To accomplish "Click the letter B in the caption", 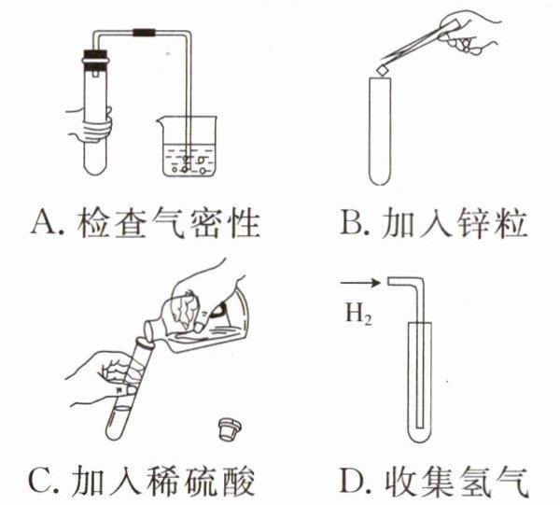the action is pyautogui.click(x=352, y=223).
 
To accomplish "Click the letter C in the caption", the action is pyautogui.click(x=41, y=481).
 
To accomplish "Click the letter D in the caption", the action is pyautogui.click(x=352, y=481).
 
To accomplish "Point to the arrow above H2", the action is pyautogui.click(x=358, y=280).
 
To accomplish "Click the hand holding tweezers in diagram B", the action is pyautogui.click(x=471, y=33).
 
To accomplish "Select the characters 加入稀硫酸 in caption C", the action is pyautogui.click(x=164, y=481).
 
